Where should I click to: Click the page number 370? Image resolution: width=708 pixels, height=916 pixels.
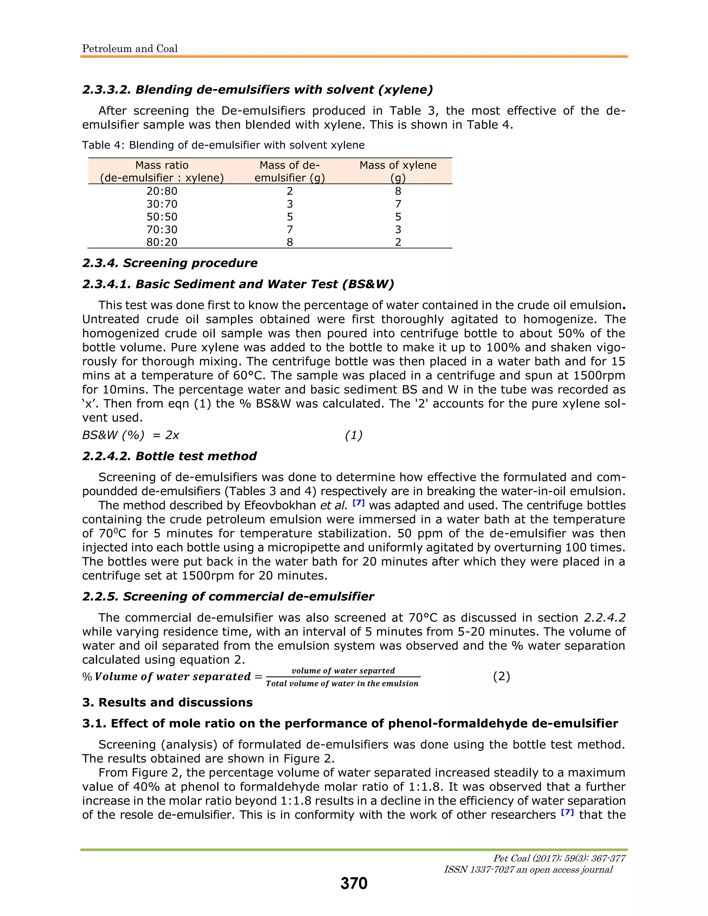[x=354, y=883]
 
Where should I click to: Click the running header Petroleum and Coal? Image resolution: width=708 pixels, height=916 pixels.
[x=130, y=49]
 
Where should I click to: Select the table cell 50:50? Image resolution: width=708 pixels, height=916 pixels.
[x=162, y=217]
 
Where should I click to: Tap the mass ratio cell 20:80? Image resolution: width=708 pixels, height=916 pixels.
[x=162, y=191]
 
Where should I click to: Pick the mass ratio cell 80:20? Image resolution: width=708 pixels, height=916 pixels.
[x=162, y=242]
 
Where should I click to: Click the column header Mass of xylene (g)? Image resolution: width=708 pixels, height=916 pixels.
[x=398, y=171]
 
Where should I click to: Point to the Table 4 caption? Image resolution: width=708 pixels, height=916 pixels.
[x=223, y=145]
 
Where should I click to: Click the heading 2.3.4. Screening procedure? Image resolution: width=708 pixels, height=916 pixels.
[x=169, y=263]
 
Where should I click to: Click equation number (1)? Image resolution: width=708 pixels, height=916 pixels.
[x=353, y=435]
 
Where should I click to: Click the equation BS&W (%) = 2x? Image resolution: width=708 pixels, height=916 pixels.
[x=130, y=435]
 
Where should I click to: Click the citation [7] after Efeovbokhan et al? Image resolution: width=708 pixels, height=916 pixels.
[x=358, y=503]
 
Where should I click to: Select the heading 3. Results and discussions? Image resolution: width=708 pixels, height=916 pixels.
[x=167, y=702]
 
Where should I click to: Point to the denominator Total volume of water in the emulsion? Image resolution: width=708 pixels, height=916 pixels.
[x=342, y=684]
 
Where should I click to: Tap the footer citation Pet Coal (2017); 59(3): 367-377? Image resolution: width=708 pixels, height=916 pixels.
[x=559, y=858]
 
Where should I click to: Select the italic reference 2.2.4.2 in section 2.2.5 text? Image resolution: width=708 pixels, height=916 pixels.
[x=604, y=618]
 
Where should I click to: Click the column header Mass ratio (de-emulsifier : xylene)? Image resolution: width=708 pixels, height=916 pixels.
[x=162, y=171]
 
